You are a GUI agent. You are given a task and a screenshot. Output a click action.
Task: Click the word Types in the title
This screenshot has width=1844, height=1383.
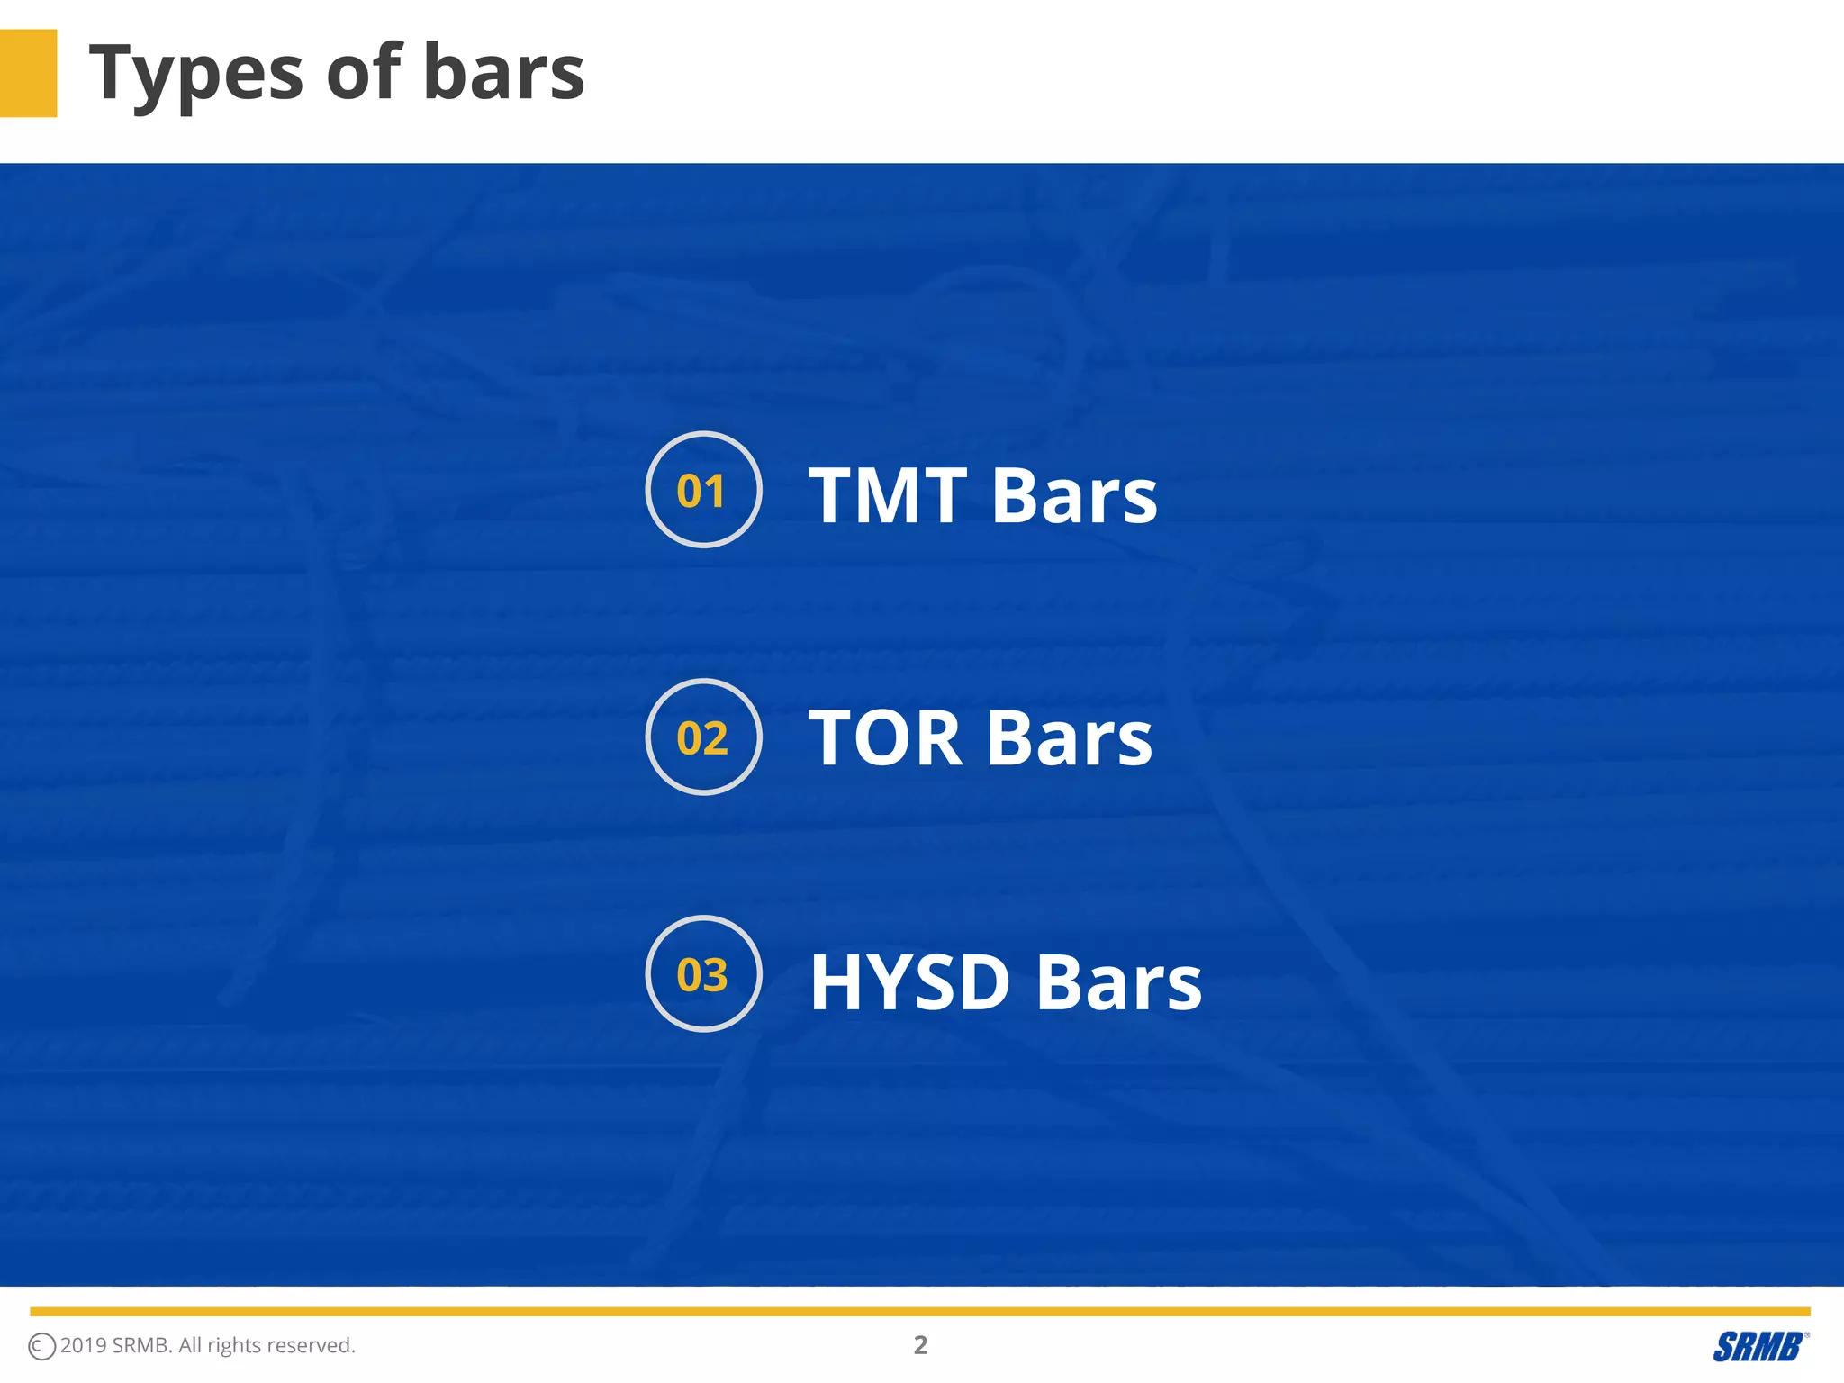click(x=196, y=74)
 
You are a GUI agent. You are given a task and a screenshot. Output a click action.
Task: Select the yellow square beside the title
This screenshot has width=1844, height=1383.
click(x=28, y=73)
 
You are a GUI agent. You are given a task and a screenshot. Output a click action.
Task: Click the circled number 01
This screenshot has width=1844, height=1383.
click(x=703, y=490)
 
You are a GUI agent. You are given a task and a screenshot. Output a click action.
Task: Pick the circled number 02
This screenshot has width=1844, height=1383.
click(x=703, y=737)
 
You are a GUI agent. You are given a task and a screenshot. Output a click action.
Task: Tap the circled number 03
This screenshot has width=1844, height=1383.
click(x=703, y=974)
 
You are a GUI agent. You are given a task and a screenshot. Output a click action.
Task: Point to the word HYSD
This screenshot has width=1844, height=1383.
click(x=909, y=982)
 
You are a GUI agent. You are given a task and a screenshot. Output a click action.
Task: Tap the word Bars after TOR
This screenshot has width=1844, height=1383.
click(x=1070, y=738)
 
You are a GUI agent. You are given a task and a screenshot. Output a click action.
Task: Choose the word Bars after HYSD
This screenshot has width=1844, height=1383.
click(x=1118, y=982)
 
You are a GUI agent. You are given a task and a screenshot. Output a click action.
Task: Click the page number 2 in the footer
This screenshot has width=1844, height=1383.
click(x=920, y=1345)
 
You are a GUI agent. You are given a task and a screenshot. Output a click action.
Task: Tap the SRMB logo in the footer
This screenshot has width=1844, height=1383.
click(x=1759, y=1347)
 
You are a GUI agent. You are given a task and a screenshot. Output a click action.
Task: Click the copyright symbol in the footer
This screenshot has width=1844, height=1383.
click(x=41, y=1347)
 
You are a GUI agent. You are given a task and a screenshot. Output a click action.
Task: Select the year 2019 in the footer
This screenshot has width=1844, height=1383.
click(x=84, y=1345)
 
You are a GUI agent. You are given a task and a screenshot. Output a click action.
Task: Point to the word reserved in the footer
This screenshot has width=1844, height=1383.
click(x=311, y=1345)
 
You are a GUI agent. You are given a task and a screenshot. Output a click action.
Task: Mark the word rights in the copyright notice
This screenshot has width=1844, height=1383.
click(x=234, y=1346)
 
